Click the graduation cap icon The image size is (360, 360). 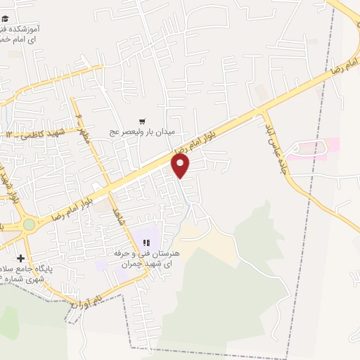6,19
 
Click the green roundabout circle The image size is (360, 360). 29,224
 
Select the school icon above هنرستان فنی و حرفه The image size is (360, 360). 147,243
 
